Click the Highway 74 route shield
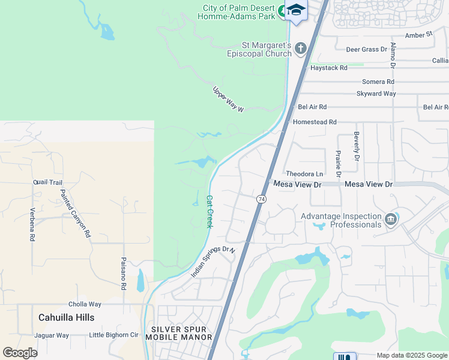click(261, 199)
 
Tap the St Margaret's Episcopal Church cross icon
click(301, 48)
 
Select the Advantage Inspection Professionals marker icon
click(391, 220)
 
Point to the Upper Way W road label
click(229, 100)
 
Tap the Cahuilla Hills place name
click(66, 317)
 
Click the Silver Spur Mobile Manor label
click(182, 333)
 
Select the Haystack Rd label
click(328, 68)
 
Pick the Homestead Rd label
click(315, 122)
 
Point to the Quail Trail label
click(48, 182)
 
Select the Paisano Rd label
click(123, 274)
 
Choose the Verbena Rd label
click(32, 224)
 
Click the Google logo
click(20, 353)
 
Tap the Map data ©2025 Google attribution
click(411, 355)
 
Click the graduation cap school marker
click(295, 10)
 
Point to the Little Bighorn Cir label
click(113, 335)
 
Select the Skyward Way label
click(376, 94)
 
